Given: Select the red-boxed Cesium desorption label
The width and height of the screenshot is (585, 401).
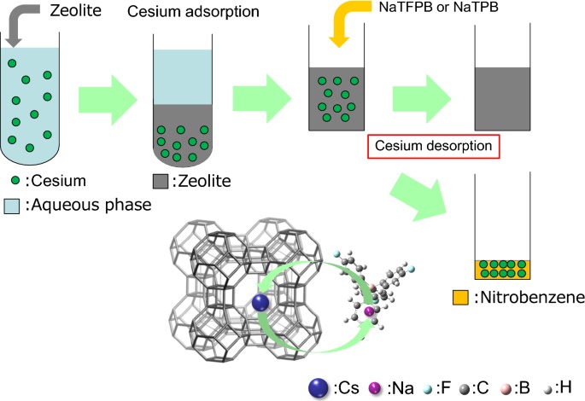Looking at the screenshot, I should pos(432,146).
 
